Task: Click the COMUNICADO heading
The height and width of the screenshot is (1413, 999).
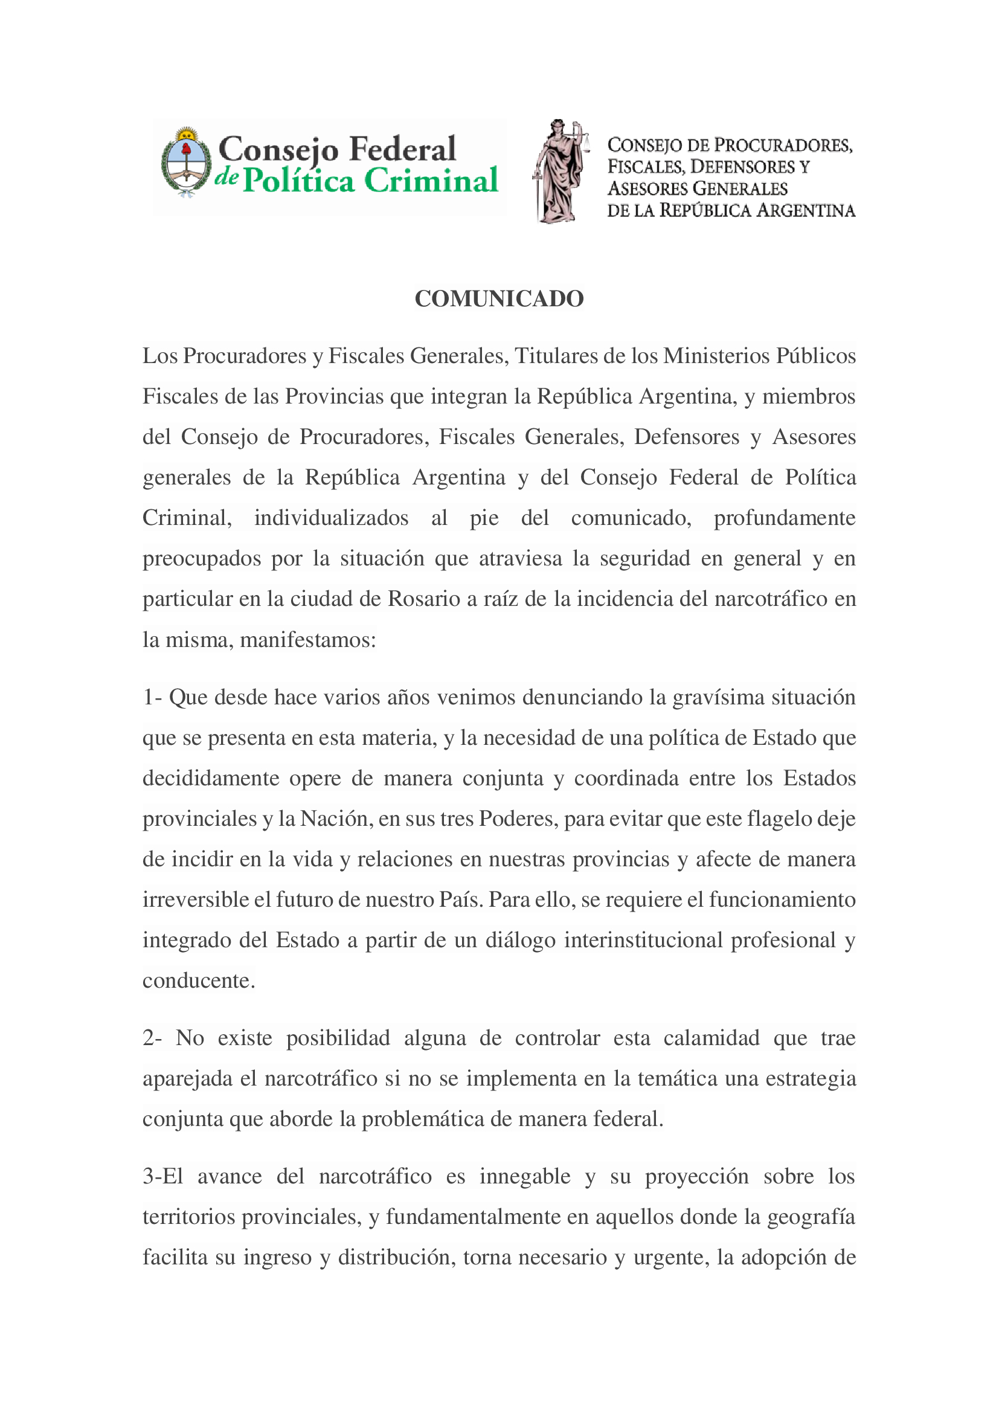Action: (x=499, y=299)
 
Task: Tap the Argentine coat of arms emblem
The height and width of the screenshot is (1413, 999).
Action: (x=186, y=163)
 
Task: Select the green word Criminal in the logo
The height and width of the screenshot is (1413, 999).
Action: (x=431, y=181)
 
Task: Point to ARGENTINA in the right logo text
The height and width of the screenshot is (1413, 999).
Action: (x=805, y=211)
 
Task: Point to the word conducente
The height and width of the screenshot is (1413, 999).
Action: (x=198, y=981)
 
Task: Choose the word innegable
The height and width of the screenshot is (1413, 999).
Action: (x=525, y=1176)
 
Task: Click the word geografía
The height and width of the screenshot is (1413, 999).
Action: (x=811, y=1217)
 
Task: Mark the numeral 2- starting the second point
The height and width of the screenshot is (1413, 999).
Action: (x=152, y=1038)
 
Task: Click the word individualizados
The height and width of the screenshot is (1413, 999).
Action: (x=331, y=518)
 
